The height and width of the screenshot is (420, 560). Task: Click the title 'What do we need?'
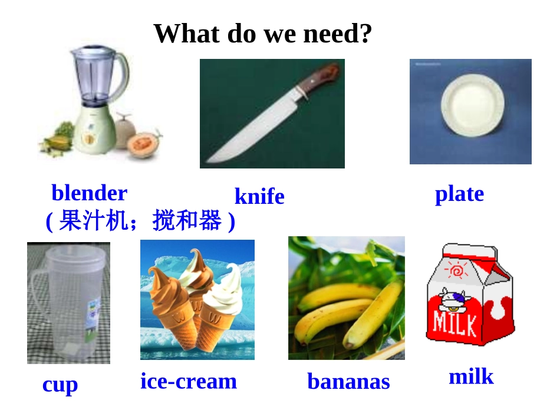tap(263, 34)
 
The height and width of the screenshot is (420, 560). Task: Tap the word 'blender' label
tap(89, 193)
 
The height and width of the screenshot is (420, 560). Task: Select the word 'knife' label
tap(259, 197)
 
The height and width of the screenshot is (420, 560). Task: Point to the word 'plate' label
tap(459, 194)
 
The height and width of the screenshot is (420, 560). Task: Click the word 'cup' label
tap(60, 385)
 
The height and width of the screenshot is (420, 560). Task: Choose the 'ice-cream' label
tap(189, 381)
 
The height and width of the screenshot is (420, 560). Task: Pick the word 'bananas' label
tap(348, 382)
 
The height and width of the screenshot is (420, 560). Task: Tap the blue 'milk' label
tap(471, 376)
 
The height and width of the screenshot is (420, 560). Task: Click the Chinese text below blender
tap(140, 221)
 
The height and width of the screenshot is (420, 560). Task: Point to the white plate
tap(472, 105)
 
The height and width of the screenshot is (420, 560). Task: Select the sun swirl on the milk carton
tap(457, 271)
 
